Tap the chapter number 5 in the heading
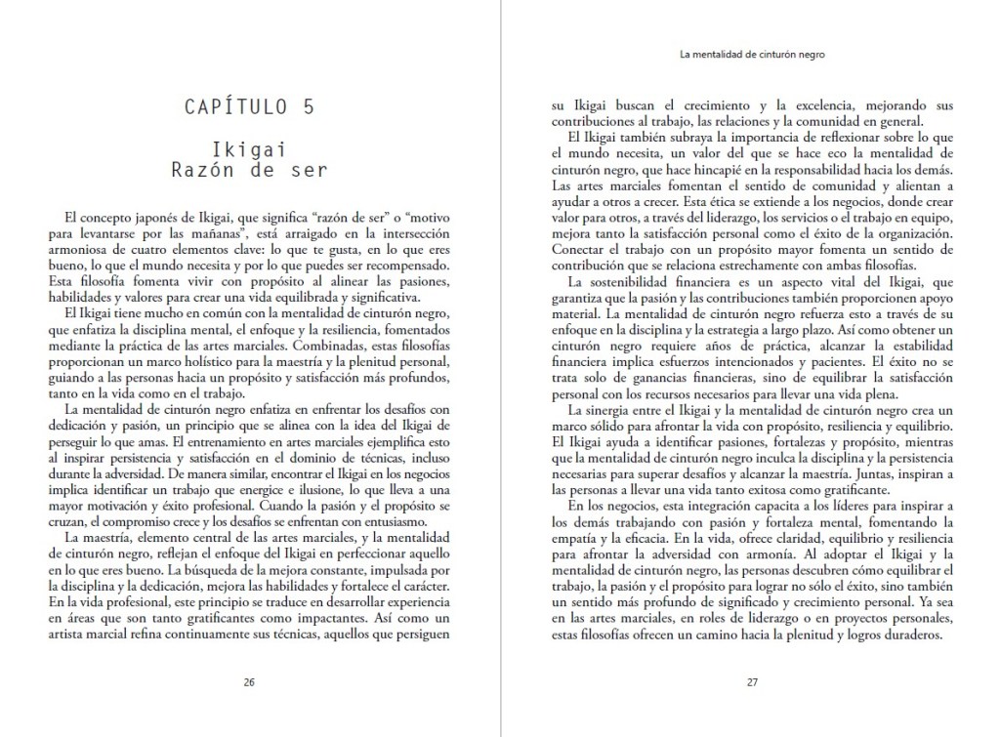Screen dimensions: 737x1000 tap(310, 107)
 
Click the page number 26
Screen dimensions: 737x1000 tap(249, 682)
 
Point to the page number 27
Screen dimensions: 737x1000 tap(752, 682)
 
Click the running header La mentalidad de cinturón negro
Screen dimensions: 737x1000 tap(759, 56)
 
